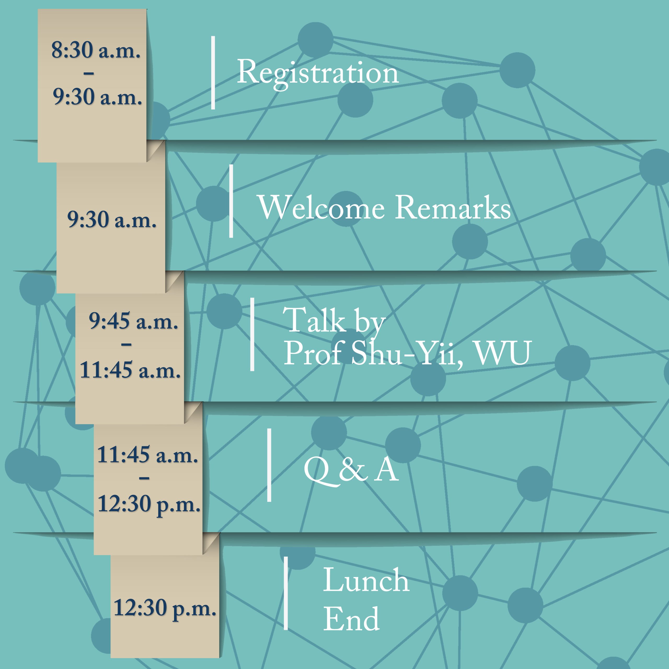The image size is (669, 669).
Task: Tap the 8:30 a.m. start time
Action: click(96, 50)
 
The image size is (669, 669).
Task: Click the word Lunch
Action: click(366, 580)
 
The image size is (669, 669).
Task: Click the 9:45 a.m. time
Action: click(134, 321)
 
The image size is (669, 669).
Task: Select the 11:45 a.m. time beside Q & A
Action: click(147, 454)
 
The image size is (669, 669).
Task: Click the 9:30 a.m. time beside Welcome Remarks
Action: click(112, 219)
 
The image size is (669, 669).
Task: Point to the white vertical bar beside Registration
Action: click(213, 73)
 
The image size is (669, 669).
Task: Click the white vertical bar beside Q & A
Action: click(269, 465)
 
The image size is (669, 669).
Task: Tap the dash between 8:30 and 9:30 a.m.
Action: click(89, 73)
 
